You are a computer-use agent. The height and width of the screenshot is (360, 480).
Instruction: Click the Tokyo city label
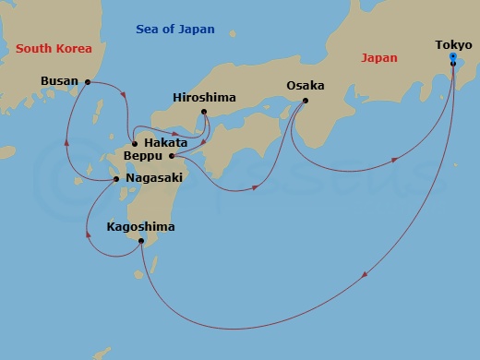(x=452, y=43)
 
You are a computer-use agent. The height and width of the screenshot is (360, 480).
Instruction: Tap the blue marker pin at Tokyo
(x=452, y=57)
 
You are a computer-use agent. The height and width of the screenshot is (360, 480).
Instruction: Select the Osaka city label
(x=305, y=85)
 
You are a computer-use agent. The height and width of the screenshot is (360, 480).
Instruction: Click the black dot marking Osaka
(x=306, y=101)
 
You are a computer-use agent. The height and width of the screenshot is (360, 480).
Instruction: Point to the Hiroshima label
(x=204, y=97)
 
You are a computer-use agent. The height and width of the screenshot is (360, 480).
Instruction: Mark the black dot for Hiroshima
(x=205, y=113)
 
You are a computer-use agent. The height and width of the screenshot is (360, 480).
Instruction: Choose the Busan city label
(x=60, y=81)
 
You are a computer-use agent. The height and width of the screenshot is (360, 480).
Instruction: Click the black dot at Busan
(x=88, y=82)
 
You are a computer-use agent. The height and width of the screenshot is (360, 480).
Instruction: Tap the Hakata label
(x=166, y=143)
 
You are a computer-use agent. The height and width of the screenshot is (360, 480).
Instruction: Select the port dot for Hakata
(x=136, y=143)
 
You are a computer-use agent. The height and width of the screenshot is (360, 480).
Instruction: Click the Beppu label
(x=142, y=156)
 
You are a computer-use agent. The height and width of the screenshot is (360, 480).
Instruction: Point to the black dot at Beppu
(x=172, y=156)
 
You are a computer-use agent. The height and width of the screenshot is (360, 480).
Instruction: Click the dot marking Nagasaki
(x=115, y=179)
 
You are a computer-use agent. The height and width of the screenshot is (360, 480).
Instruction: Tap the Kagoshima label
(x=140, y=226)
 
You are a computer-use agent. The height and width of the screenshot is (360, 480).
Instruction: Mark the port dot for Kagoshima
(x=140, y=241)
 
